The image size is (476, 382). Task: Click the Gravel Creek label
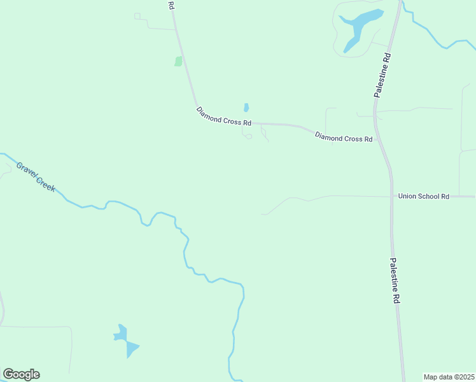tap(36, 178)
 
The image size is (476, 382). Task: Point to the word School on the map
tap(430, 197)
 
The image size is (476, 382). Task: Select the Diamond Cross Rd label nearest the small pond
tap(224, 116)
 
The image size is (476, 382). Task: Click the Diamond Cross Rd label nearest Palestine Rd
tap(344, 138)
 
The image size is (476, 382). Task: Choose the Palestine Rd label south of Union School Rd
tap(395, 280)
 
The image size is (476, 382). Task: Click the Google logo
tap(21, 374)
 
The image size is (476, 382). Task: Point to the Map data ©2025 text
tap(449, 377)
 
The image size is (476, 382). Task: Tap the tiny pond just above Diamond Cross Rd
tap(246, 108)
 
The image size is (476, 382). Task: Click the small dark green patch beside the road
tap(178, 61)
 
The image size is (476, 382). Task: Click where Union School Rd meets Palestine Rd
tap(390, 197)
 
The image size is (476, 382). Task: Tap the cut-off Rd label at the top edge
tap(171, 5)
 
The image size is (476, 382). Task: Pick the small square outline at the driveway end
tap(137, 16)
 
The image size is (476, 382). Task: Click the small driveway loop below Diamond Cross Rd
tap(249, 136)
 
